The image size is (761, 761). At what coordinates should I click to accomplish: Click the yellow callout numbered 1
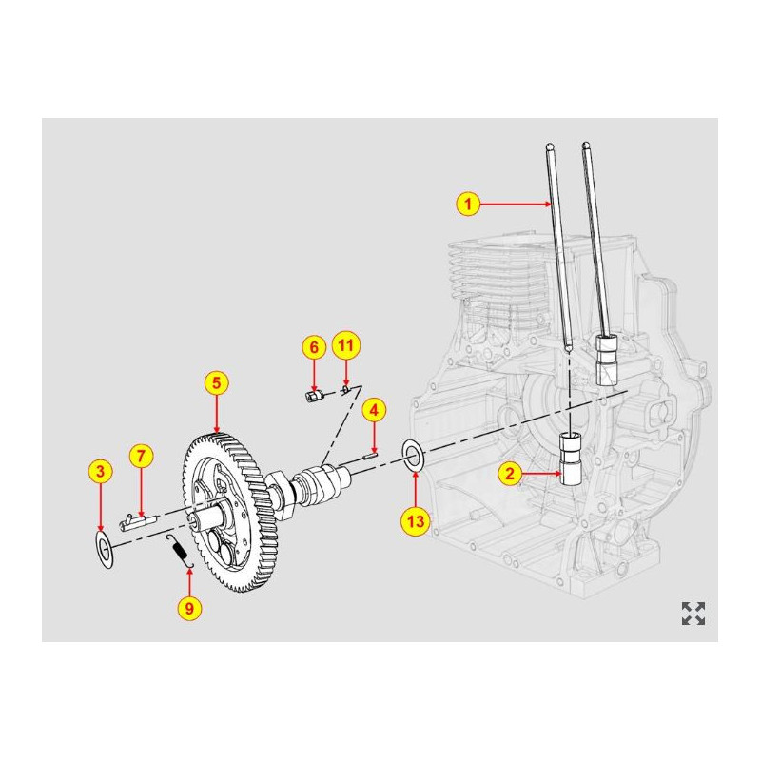click(466, 203)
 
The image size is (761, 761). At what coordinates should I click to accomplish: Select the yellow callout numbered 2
click(510, 472)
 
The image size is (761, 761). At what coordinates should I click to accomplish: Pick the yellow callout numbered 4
click(375, 410)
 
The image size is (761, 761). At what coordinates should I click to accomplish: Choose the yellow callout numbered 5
click(217, 383)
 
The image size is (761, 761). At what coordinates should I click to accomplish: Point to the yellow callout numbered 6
click(314, 347)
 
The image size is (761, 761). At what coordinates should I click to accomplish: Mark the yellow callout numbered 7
click(140, 456)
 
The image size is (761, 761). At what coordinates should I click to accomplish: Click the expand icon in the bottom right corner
click(693, 614)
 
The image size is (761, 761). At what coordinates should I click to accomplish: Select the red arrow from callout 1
click(514, 203)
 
